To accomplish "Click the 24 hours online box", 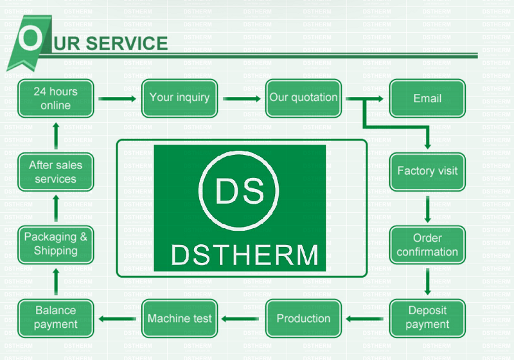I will (56, 98).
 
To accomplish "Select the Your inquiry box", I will (179, 98).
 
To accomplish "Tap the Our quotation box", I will (303, 98).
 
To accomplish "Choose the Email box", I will (427, 98).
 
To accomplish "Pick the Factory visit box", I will (427, 171).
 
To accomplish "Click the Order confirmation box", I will (427, 245).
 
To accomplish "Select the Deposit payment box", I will (427, 318).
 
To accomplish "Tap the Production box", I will (303, 318).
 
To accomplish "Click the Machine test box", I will (179, 318).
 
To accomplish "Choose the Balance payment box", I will (56, 318).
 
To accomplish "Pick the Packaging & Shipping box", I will (56, 244).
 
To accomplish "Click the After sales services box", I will (56, 172).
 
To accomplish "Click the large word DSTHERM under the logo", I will (245, 255).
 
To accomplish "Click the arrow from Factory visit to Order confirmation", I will (427, 208).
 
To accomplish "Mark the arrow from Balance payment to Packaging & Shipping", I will (56, 281).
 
